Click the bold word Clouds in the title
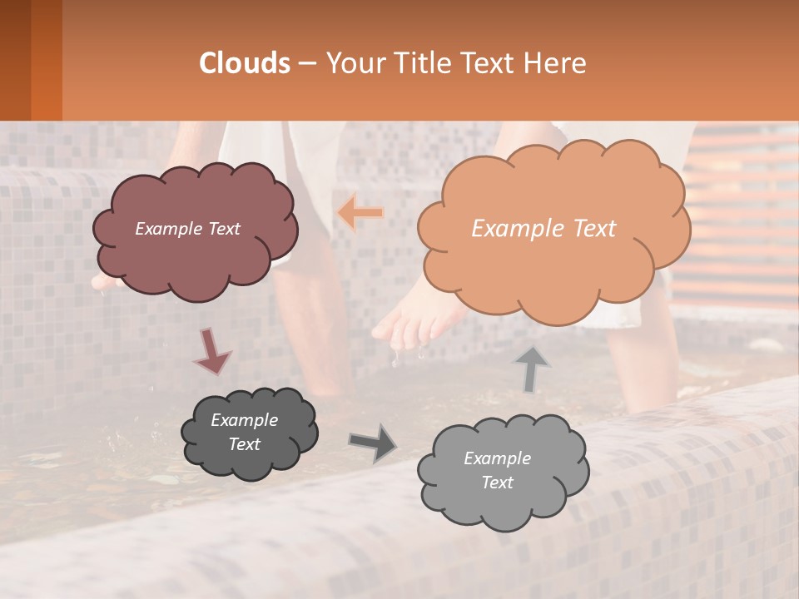tap(245, 63)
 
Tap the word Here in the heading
tap(557, 63)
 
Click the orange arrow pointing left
tap(360, 213)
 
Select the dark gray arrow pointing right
tap(374, 443)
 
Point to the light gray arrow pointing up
tap(532, 369)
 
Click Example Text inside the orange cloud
tap(543, 229)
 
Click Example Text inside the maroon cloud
tap(187, 229)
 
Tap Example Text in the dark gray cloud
tap(244, 432)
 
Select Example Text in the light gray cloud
tap(497, 470)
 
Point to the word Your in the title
tap(353, 63)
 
